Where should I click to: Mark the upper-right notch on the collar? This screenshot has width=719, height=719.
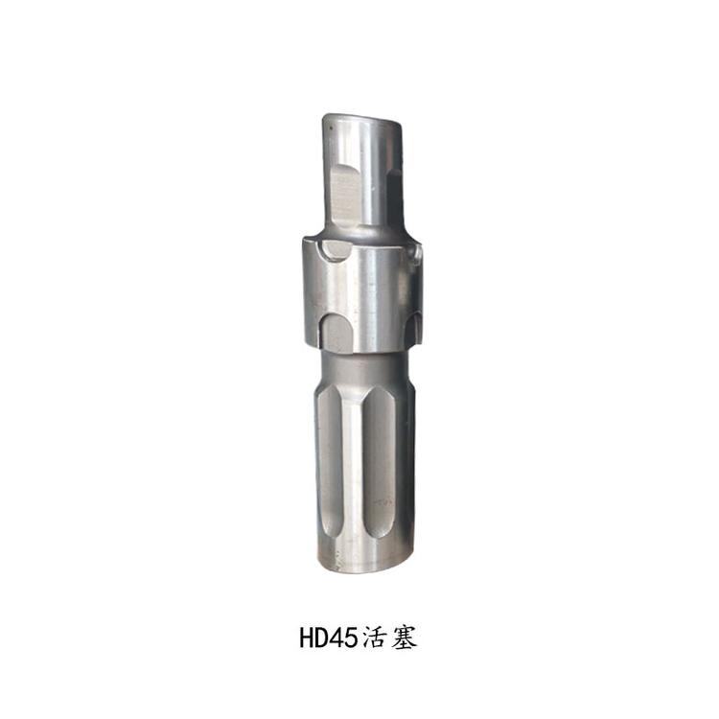(414, 253)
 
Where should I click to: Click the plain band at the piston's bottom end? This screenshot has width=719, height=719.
(364, 556)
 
